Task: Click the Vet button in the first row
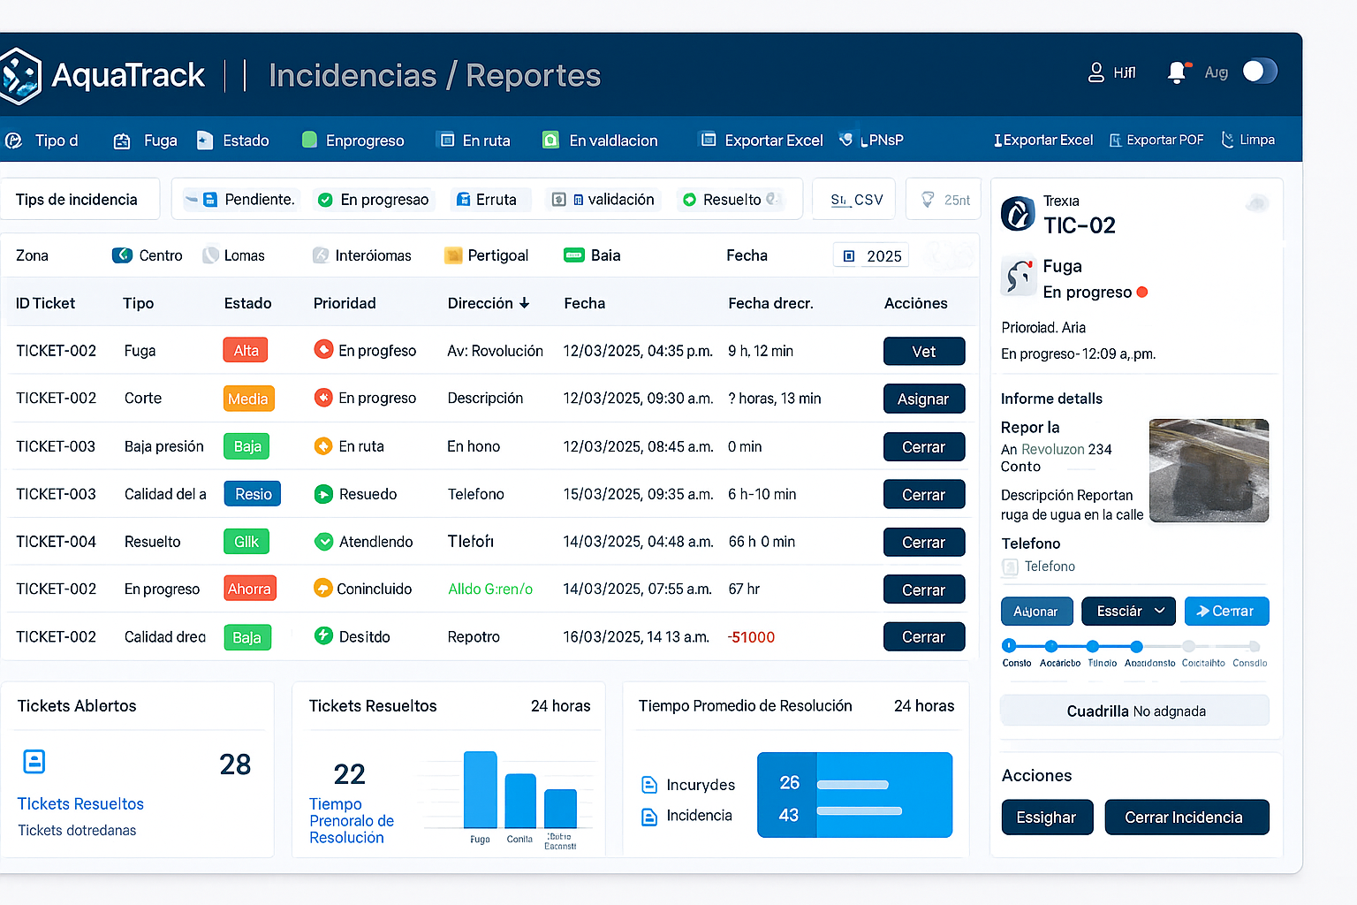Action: pos(923,351)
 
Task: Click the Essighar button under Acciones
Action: pos(1046,818)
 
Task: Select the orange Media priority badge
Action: pos(248,399)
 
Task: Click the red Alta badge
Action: pos(246,351)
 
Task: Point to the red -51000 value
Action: pos(751,637)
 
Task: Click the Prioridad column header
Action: pos(345,303)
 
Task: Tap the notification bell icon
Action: pos(1176,72)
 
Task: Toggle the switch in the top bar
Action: pos(1259,72)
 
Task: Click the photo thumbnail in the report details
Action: pos(1208,470)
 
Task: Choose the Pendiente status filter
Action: pos(248,200)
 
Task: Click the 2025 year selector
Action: pos(872,256)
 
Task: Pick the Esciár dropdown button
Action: pos(1129,612)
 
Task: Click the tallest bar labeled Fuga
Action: pos(480,789)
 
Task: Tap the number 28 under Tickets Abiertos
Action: pos(235,764)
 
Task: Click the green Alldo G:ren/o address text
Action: pos(490,589)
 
